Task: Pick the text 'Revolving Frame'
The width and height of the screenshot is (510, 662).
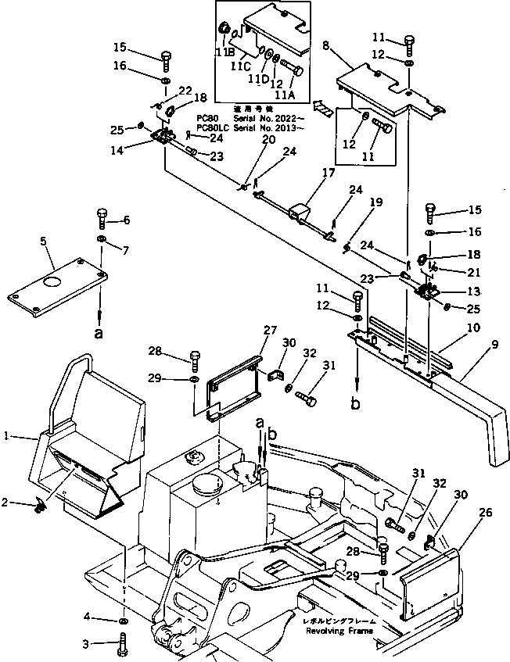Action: pyautogui.click(x=339, y=631)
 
